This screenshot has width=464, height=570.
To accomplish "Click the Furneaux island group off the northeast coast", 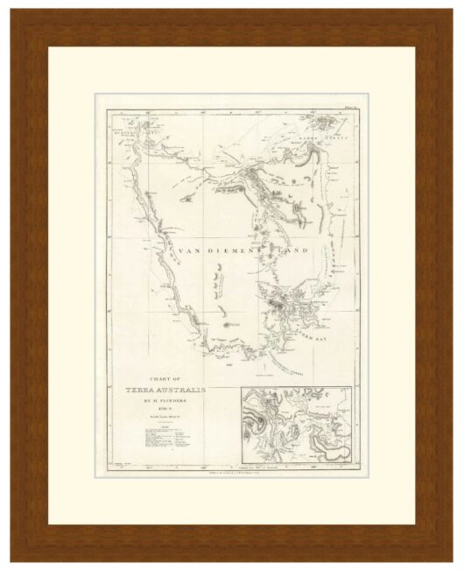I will coord(333,123).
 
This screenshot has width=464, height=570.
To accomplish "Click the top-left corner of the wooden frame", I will coord(12,12).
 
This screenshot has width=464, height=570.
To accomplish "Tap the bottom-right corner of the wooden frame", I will coord(451,558).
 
